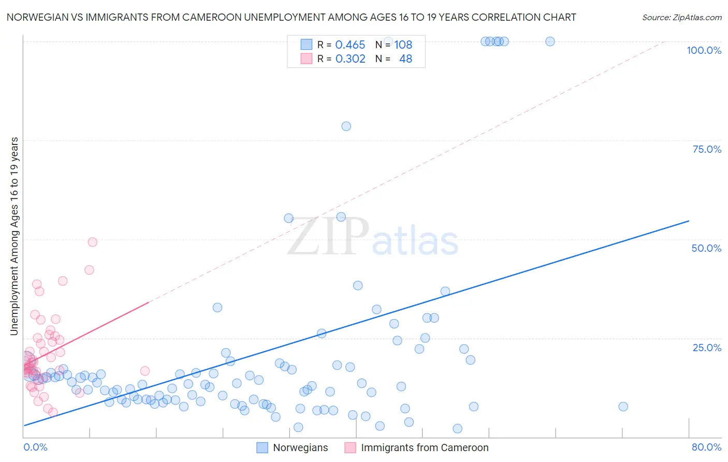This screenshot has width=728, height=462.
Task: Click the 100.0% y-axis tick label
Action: click(704, 50)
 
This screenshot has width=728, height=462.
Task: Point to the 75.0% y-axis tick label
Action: click(707, 149)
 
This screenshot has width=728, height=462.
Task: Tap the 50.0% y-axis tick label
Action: click(706, 248)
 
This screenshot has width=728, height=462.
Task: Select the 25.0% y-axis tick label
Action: click(707, 347)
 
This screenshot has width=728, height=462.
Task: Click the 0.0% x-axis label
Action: click(35, 447)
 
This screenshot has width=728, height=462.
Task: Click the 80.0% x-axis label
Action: click(706, 447)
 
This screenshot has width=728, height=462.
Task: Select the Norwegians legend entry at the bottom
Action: click(300, 447)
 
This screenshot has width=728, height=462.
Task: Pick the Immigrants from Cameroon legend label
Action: click(425, 447)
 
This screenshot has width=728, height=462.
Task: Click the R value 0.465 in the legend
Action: click(350, 45)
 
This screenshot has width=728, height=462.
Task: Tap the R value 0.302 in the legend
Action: click(350, 59)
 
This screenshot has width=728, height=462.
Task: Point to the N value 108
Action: click(403, 45)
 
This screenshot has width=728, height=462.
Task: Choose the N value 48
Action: click(405, 59)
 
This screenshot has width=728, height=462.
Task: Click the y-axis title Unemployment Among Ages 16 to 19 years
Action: click(14, 236)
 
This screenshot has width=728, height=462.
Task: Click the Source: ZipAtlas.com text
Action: click(681, 18)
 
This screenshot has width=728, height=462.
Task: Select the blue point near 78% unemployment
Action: click(346, 126)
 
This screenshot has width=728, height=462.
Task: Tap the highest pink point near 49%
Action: click(92, 242)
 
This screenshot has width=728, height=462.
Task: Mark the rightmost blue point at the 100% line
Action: click(550, 41)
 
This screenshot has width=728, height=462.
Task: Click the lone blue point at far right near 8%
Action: click(623, 407)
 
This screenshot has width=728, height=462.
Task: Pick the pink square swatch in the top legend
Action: click(307, 59)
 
